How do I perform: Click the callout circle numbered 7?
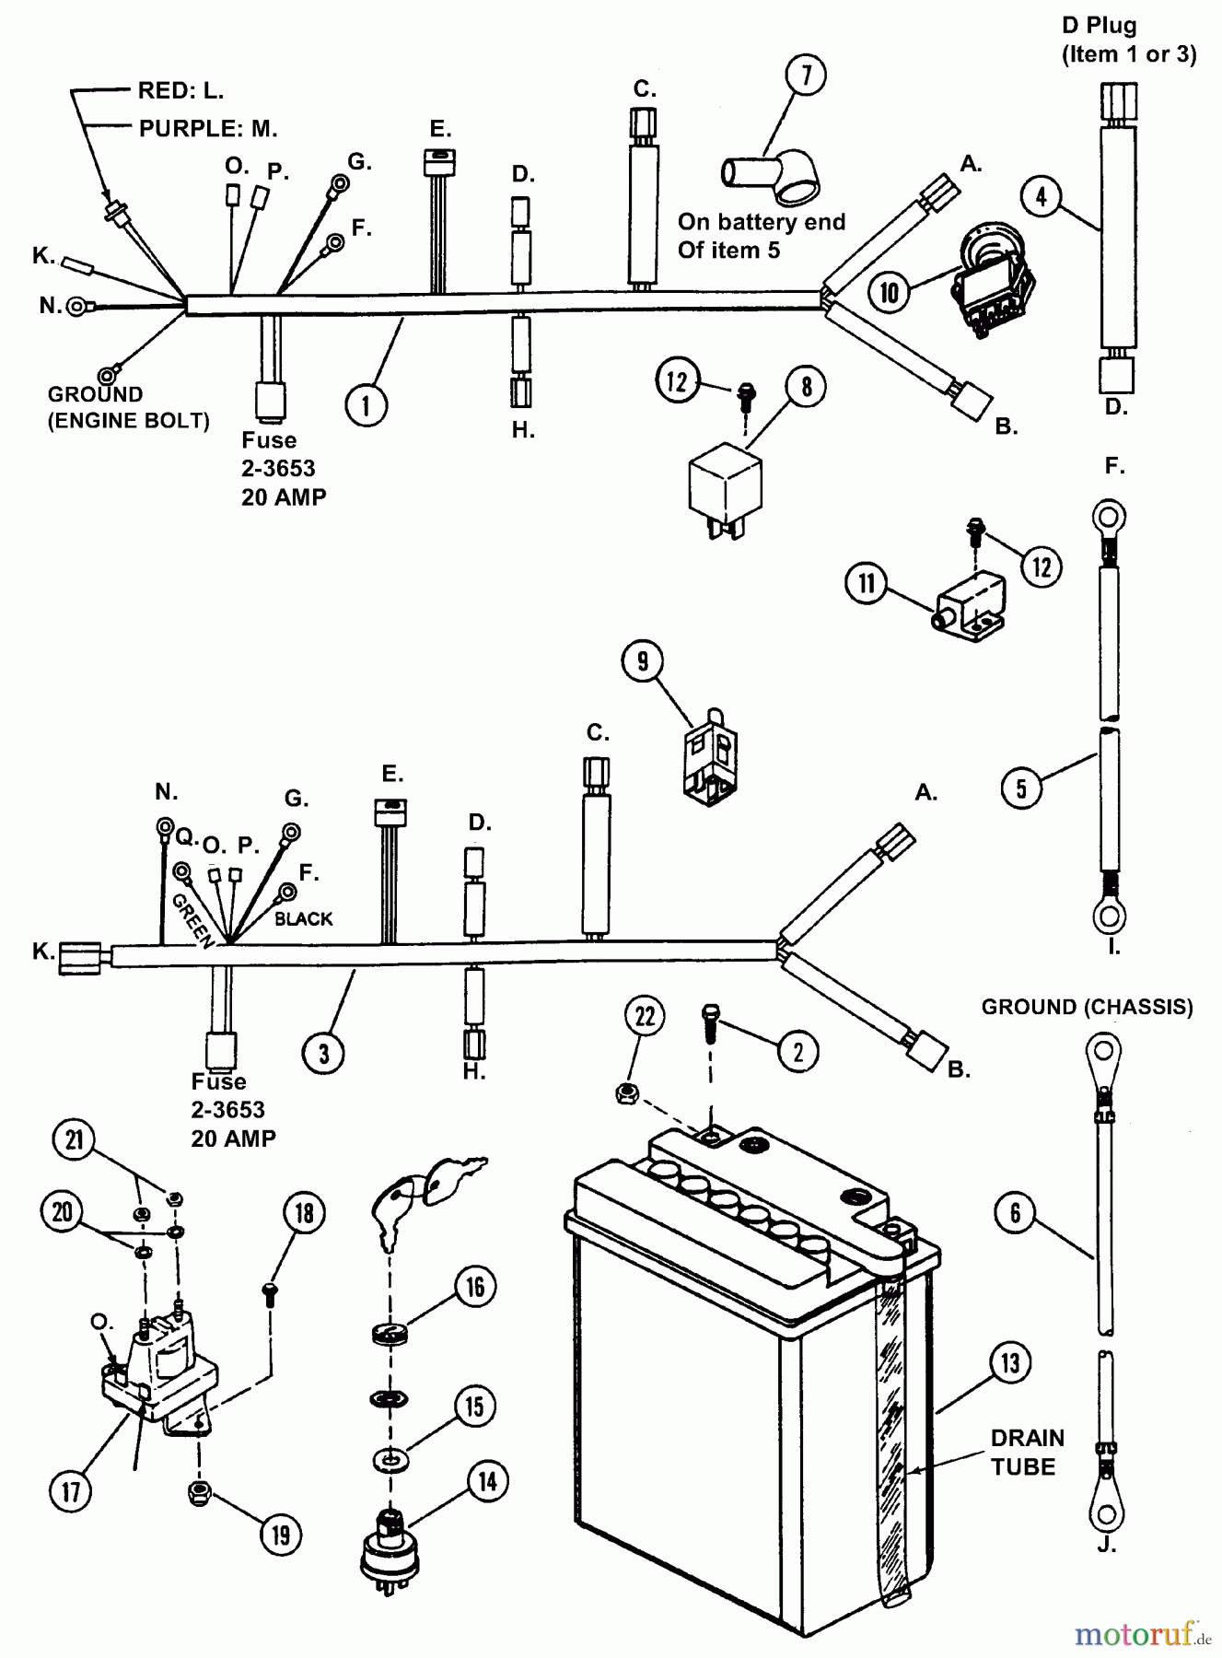click(806, 76)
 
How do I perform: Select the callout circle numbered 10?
click(889, 292)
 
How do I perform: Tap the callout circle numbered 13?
click(1011, 1362)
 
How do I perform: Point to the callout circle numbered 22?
click(645, 1016)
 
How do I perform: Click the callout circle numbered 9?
click(643, 660)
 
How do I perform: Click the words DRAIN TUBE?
click(1027, 1453)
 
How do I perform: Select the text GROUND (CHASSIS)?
click(1087, 1007)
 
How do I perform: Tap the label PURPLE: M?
click(207, 128)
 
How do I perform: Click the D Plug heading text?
click(1129, 40)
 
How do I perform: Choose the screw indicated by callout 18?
click(270, 1294)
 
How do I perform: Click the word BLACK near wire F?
click(303, 918)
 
